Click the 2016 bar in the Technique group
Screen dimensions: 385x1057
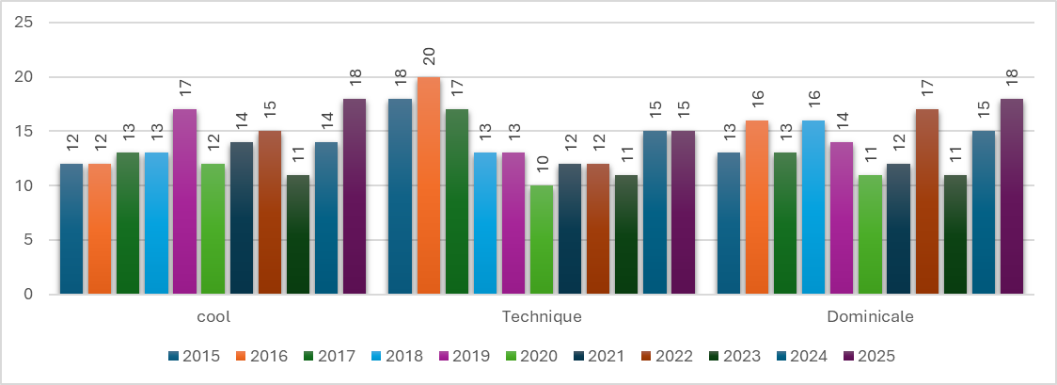tap(429, 185)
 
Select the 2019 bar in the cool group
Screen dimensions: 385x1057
tap(184, 201)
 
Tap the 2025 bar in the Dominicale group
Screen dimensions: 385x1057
tap(1012, 197)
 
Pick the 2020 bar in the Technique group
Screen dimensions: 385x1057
tap(542, 240)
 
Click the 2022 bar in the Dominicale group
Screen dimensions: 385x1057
tap(927, 201)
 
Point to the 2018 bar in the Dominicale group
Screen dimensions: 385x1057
tap(814, 207)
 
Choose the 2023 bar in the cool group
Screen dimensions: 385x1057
tap(297, 234)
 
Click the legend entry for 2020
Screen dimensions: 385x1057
tap(533, 356)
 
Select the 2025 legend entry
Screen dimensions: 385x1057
tap(866, 356)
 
